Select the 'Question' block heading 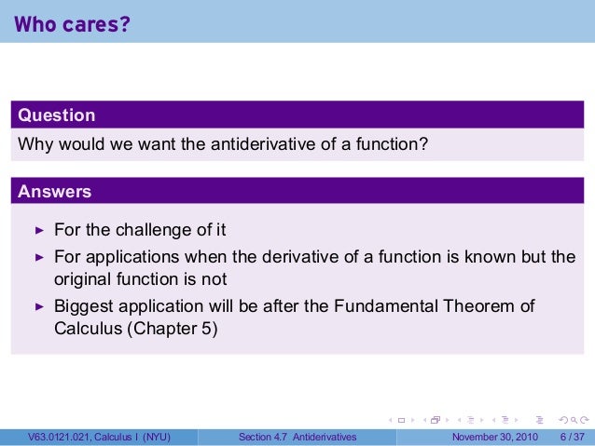coord(57,115)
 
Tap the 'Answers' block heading coord(55,192)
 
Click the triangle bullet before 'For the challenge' coord(39,229)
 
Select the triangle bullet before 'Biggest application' coord(39,305)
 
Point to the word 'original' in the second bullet coord(81,279)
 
